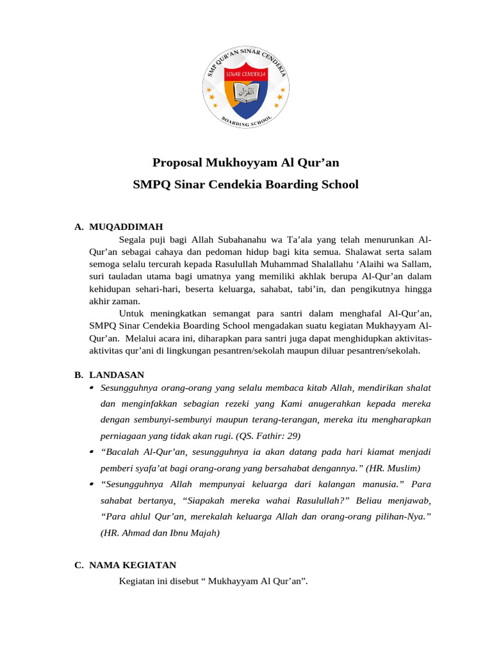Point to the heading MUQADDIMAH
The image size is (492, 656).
pyautogui.click(x=126, y=227)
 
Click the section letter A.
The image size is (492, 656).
pyautogui.click(x=78, y=227)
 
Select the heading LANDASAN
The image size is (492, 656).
pyautogui.click(x=117, y=375)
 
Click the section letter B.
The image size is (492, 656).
pyautogui.click(x=78, y=375)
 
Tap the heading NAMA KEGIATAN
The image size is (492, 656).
pyautogui.click(x=133, y=565)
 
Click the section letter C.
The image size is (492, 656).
pyautogui.click(x=78, y=565)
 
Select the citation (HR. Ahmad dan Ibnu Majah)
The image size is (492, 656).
pyautogui.click(x=160, y=532)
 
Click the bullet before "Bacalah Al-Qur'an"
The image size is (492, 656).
pyautogui.click(x=92, y=452)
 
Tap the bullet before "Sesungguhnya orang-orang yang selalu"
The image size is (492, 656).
pyautogui.click(x=92, y=388)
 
